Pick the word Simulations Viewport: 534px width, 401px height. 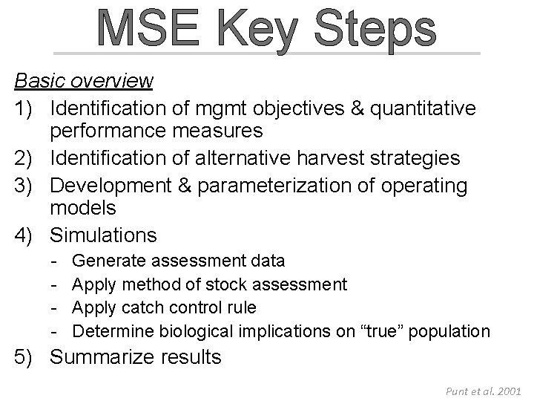103,236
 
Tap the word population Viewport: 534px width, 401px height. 453,330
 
